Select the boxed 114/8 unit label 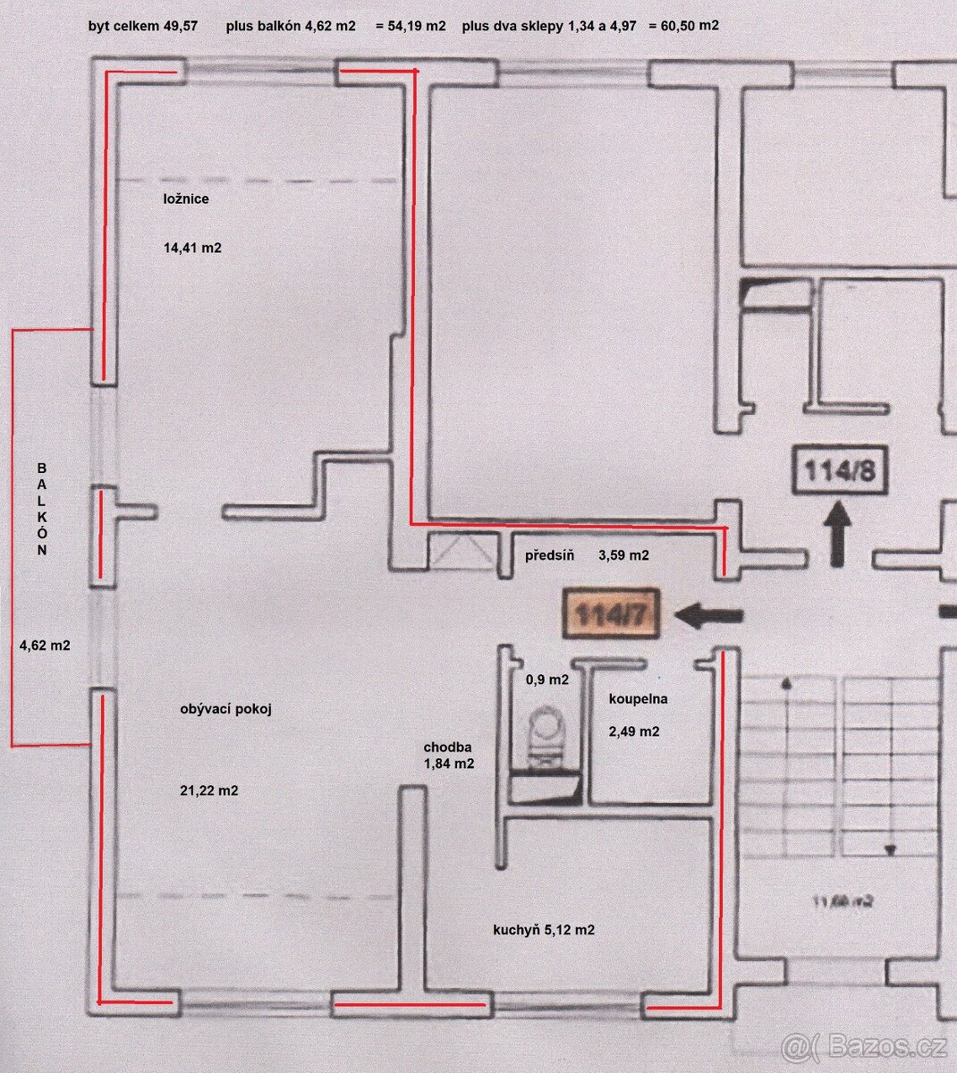click(x=839, y=470)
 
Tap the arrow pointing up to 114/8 click(x=838, y=534)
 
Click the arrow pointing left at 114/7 click(x=709, y=615)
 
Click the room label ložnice click(x=186, y=199)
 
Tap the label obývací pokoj click(x=225, y=709)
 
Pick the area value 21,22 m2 click(x=208, y=790)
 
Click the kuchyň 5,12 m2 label click(x=544, y=930)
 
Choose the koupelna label click(x=639, y=699)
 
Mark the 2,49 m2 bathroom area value click(x=634, y=731)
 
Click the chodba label click(x=448, y=748)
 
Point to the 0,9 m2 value click(x=546, y=680)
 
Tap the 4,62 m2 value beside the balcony click(x=45, y=644)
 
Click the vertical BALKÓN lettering click(x=41, y=510)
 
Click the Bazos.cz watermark click(x=863, y=1044)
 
